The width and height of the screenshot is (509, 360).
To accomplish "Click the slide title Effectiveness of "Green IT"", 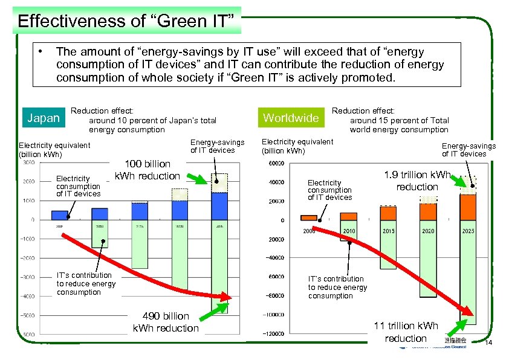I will (126, 21).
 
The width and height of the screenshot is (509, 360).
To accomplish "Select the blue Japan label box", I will (44, 118).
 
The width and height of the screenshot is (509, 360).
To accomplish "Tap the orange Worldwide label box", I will (291, 118).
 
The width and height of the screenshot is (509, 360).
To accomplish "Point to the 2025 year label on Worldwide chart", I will (468, 231).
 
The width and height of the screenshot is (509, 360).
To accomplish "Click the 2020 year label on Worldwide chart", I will (428, 231).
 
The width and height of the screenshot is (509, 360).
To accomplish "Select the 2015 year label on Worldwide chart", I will (388, 231).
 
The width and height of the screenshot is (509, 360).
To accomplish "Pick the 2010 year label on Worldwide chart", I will (349, 231).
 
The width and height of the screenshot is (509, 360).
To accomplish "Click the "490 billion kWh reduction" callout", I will (165, 322).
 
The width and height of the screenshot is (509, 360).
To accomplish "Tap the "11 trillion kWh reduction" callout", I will (406, 332).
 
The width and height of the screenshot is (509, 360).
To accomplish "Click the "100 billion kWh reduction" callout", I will (147, 170).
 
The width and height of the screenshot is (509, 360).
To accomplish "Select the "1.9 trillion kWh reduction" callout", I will (417, 181).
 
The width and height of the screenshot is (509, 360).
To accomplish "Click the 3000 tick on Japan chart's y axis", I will (28, 162).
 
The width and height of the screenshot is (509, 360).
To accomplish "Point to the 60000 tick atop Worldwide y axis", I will (276, 163).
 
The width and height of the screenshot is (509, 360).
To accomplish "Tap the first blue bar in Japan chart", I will (60, 215).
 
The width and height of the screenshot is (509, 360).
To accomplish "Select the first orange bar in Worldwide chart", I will (308, 217).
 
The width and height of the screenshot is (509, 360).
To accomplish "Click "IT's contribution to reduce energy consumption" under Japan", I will (85, 284).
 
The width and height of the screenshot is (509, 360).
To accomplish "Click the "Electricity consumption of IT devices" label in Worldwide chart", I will (329, 190).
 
